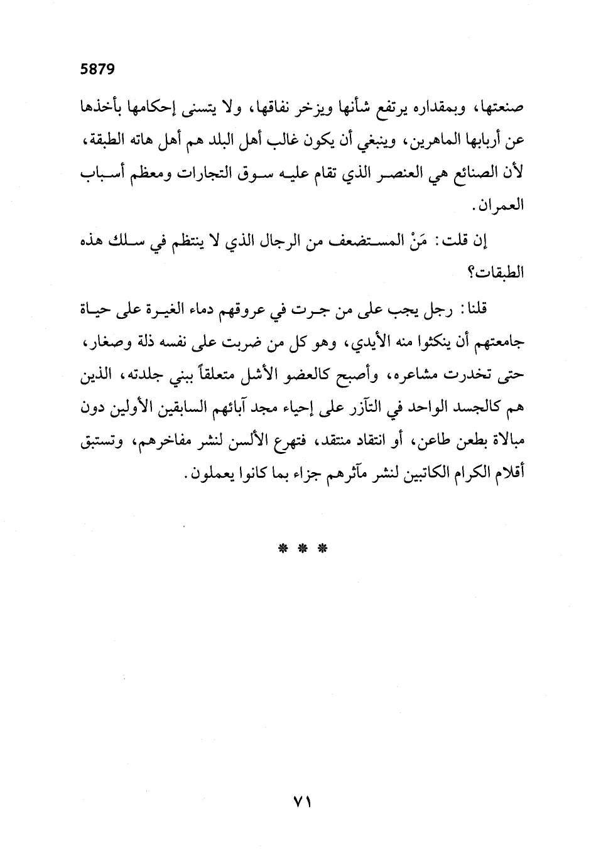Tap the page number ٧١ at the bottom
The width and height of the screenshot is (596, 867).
point(303,801)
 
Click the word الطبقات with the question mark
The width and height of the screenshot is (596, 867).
point(500,274)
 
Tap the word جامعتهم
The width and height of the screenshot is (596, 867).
point(499,342)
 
